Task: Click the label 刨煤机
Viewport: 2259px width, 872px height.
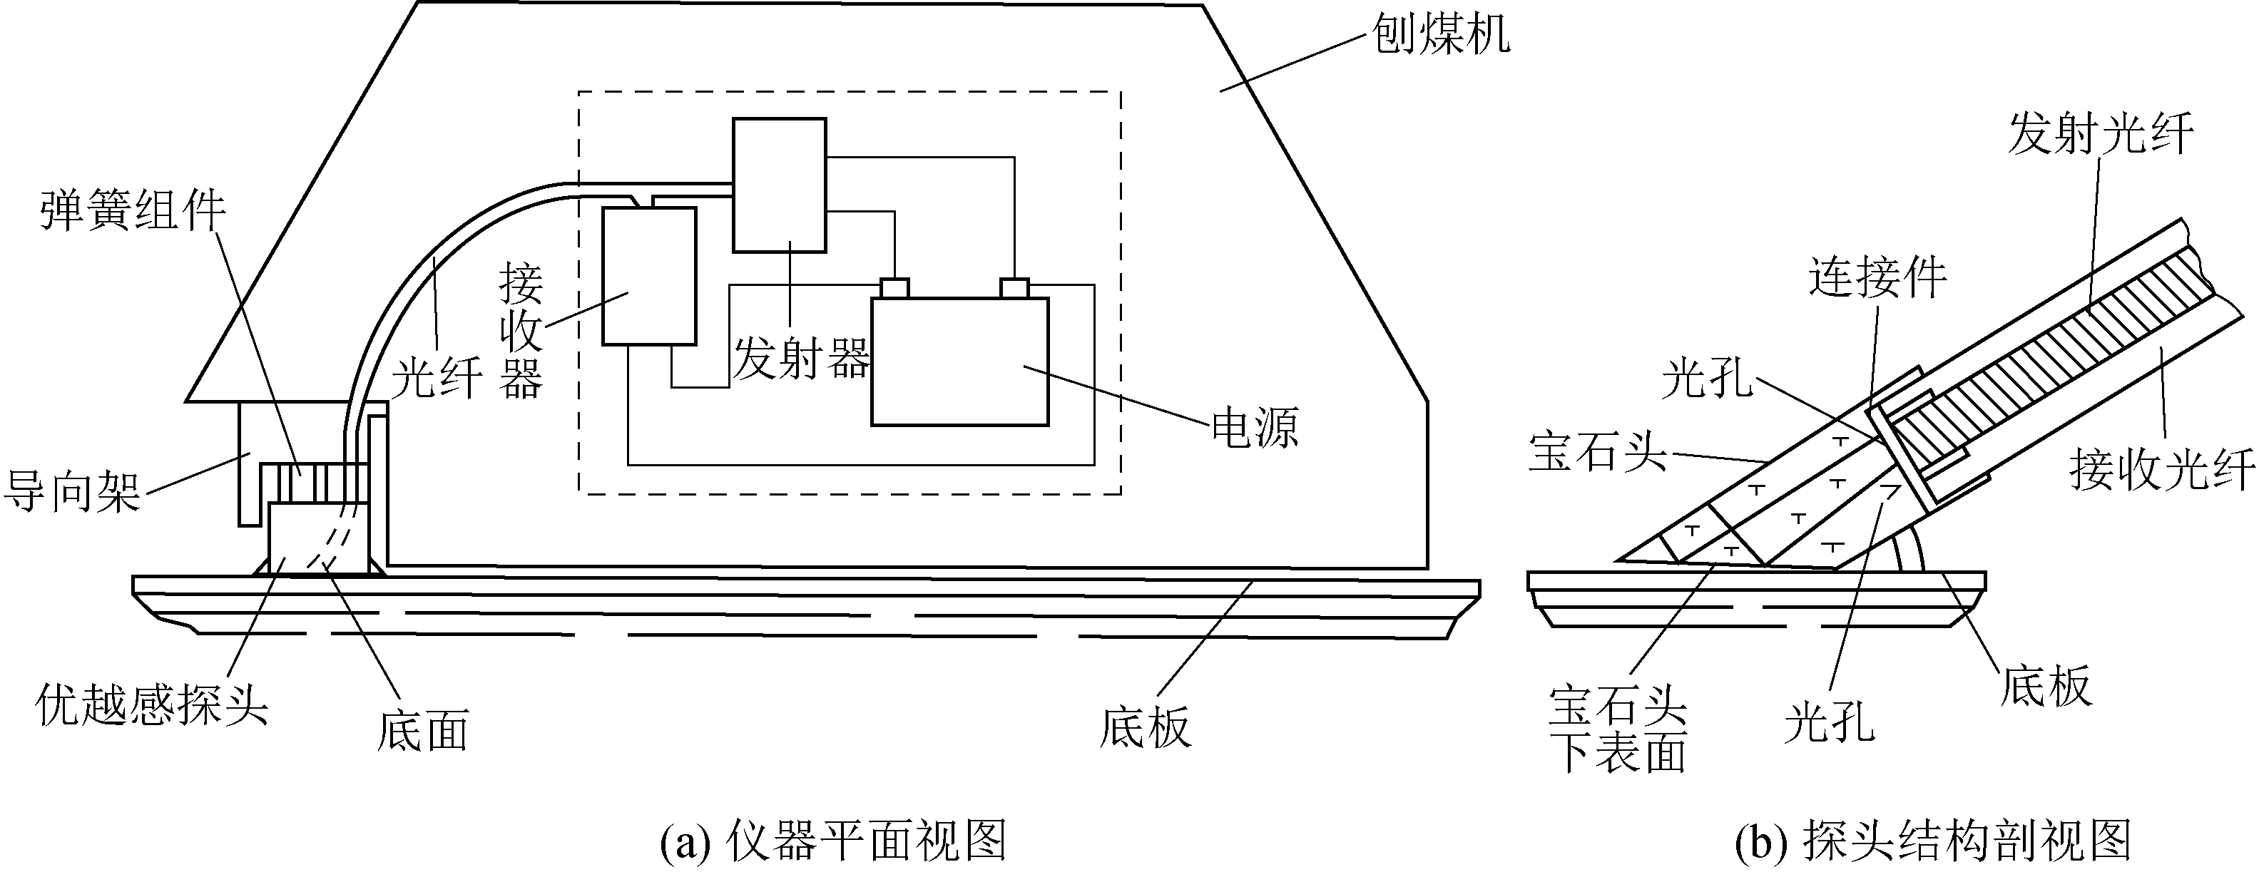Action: pyautogui.click(x=1441, y=34)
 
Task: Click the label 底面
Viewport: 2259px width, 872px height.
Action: pyautogui.click(x=423, y=730)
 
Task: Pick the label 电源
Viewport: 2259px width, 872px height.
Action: pyautogui.click(x=1254, y=429)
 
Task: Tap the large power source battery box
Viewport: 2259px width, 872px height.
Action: pyautogui.click(x=959, y=362)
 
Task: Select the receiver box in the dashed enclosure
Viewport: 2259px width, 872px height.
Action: pyautogui.click(x=649, y=276)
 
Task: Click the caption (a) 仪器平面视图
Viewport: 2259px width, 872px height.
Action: pyautogui.click(x=832, y=841)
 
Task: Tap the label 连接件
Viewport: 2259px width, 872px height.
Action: pyautogui.click(x=1877, y=278)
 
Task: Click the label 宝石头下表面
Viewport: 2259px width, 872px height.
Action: pyautogui.click(x=1618, y=729)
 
